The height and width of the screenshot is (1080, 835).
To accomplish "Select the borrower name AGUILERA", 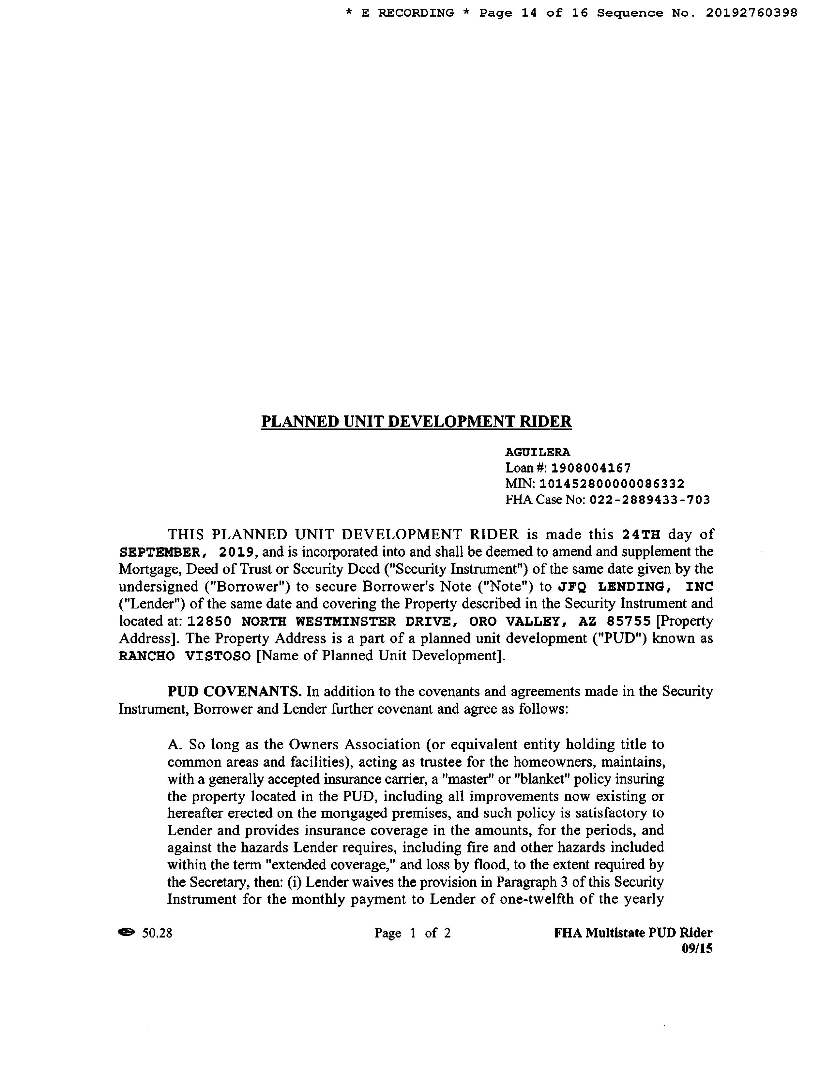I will click(537, 452).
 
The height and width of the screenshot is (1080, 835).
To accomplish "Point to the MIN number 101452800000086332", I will click(612, 484).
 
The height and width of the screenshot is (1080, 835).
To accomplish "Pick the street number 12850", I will click(210, 621).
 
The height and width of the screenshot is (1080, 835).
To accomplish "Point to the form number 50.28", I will click(157, 933).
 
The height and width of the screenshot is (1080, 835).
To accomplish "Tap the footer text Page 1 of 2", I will click(413, 933).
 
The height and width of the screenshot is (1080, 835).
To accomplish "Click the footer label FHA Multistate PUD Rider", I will click(633, 933).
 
